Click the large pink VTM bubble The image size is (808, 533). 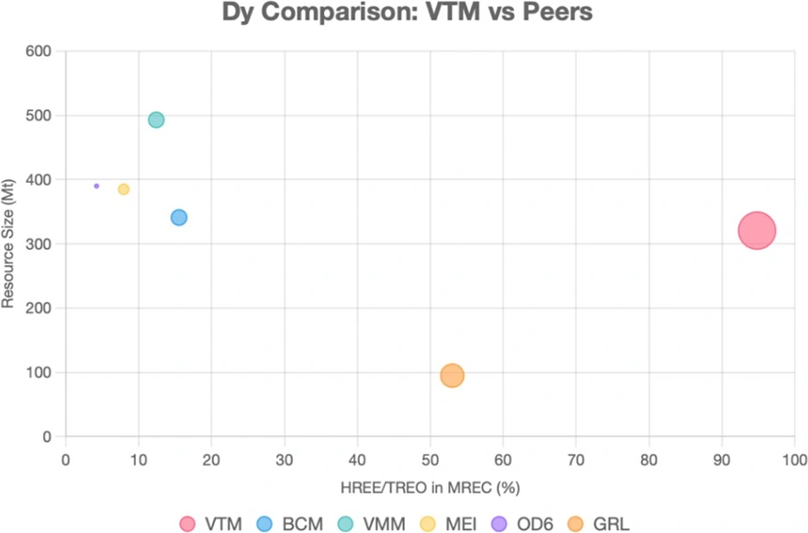(x=757, y=231)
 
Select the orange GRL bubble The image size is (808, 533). (x=452, y=375)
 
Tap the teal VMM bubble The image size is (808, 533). (x=156, y=119)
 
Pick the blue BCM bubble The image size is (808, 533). (x=179, y=217)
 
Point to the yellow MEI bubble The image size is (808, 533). (x=124, y=189)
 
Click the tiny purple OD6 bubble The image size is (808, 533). (x=96, y=186)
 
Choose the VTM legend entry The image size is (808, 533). (x=211, y=524)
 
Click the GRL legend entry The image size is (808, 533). (x=600, y=524)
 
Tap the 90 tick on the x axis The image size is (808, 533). (x=723, y=459)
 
